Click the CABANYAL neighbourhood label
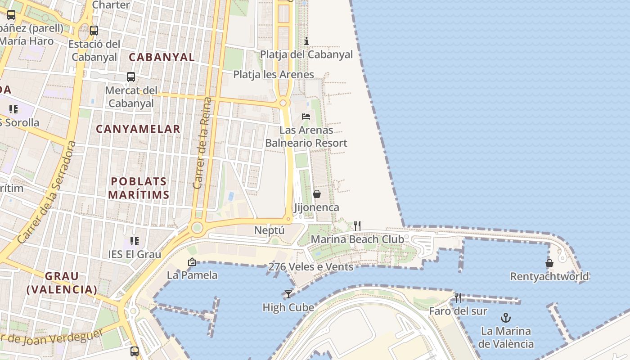tap(162, 57)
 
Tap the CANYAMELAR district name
tap(138, 129)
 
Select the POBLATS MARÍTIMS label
tap(139, 188)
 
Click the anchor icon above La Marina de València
tap(506, 318)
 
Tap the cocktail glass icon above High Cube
tap(288, 294)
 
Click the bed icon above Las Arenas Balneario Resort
tap(306, 117)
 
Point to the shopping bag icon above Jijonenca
tap(317, 194)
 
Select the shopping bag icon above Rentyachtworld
tap(549, 263)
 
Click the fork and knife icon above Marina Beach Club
tap(357, 225)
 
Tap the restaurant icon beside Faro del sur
tap(458, 297)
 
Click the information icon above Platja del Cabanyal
tap(306, 41)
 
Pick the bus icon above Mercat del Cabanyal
tap(131, 77)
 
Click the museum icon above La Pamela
tap(192, 261)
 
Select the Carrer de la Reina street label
tap(202, 143)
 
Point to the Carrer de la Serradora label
tap(47, 193)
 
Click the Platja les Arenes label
tap(274, 74)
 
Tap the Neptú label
tap(270, 230)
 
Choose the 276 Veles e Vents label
tap(311, 267)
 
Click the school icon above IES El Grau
tap(134, 241)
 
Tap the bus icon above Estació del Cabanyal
tap(94, 31)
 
